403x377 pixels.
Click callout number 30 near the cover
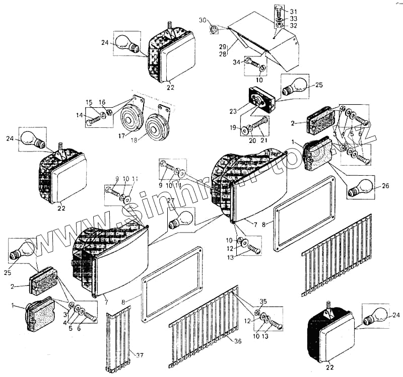point(202,20)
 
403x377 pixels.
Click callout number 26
point(385,186)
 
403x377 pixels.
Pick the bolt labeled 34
point(254,64)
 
